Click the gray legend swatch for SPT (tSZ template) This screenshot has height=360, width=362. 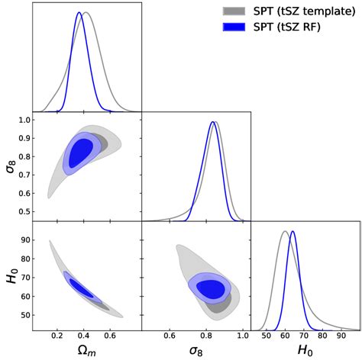coord(233,11)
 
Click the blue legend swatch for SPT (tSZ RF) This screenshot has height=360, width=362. coord(233,27)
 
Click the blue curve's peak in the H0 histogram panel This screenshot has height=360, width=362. coord(293,231)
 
